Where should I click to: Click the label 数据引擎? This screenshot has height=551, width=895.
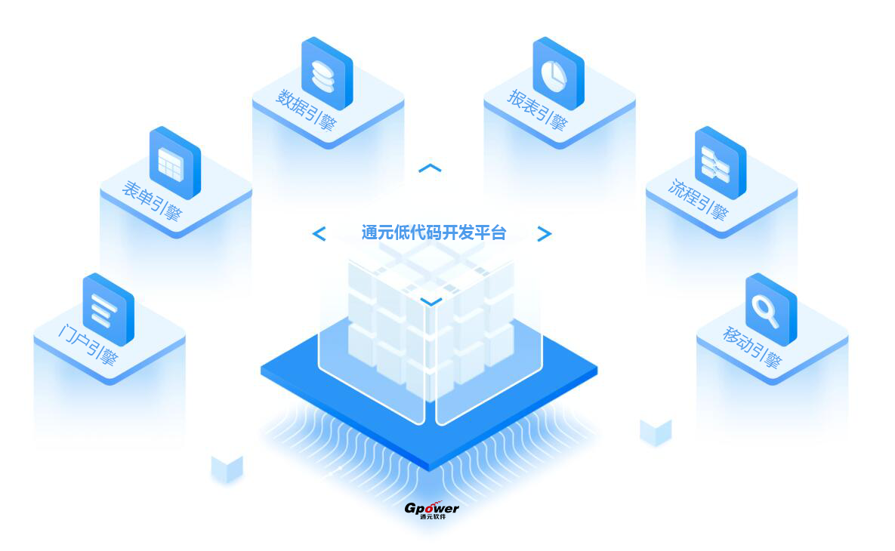306,109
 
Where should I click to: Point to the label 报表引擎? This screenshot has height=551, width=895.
537,109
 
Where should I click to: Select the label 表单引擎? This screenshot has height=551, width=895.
153,201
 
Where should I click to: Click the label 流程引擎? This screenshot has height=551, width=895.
699,199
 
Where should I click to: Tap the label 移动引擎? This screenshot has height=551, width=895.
751,346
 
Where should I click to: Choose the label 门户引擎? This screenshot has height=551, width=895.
88,345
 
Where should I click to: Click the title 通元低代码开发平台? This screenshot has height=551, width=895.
434,232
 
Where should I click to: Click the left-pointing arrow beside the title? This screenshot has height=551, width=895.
319,233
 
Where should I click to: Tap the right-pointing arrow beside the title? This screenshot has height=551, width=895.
545,233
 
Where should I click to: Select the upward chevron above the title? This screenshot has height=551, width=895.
430,168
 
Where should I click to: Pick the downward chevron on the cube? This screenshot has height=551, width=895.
431,301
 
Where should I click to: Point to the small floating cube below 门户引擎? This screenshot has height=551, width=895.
227,469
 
